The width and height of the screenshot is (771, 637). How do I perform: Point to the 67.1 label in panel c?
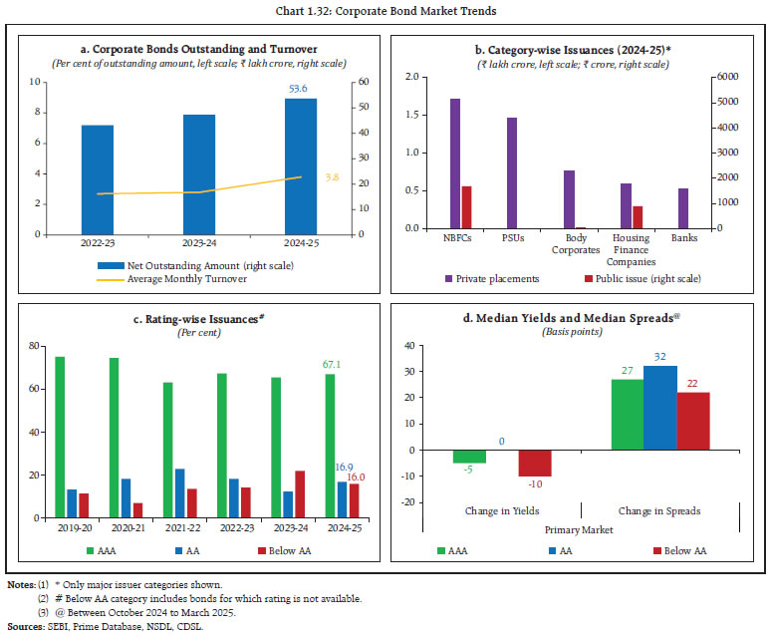coord(330,365)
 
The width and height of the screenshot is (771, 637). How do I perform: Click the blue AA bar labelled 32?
coord(658,408)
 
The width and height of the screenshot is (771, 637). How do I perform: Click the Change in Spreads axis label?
coord(659,511)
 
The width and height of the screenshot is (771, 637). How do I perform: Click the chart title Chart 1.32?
coord(385,11)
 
